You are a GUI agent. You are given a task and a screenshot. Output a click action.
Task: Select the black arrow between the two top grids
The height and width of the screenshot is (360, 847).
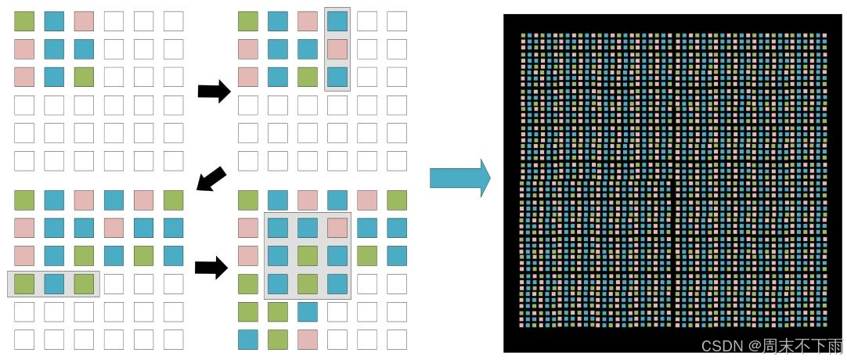214,92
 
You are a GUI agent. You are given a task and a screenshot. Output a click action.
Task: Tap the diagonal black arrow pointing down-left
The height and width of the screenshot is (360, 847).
211,179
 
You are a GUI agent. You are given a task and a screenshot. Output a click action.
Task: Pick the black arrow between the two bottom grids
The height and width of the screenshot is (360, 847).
211,268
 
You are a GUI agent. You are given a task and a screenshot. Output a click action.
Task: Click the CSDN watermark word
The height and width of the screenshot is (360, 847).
721,345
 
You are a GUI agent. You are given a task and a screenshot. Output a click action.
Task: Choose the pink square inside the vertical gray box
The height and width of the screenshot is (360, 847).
337,49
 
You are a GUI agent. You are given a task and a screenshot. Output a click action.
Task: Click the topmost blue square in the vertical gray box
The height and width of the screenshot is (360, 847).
337,21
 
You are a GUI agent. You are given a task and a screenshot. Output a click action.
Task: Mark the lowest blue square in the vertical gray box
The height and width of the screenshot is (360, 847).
337,77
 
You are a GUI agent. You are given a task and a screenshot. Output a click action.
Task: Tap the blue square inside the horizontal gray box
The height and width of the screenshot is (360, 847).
54,283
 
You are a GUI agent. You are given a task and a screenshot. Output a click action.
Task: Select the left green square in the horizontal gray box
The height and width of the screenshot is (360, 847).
24,283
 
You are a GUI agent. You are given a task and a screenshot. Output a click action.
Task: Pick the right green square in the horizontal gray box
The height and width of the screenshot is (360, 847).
84,283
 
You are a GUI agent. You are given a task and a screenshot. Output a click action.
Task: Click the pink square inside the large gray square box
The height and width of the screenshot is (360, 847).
337,228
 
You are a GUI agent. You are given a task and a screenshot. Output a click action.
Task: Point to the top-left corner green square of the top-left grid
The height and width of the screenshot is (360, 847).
24,21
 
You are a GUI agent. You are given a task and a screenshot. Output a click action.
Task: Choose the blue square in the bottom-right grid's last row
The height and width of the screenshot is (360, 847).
248,340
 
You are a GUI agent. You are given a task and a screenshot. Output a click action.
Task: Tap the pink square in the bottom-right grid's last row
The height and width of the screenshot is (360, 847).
307,340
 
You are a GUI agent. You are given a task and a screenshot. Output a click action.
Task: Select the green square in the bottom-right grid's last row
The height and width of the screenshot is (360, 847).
277,340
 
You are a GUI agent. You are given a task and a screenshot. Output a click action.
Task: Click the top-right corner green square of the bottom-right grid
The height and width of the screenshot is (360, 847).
397,200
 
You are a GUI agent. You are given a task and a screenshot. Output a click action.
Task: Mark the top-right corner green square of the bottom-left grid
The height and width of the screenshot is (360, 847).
173,200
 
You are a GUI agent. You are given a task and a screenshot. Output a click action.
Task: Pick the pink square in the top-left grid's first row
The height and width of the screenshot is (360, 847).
84,21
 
